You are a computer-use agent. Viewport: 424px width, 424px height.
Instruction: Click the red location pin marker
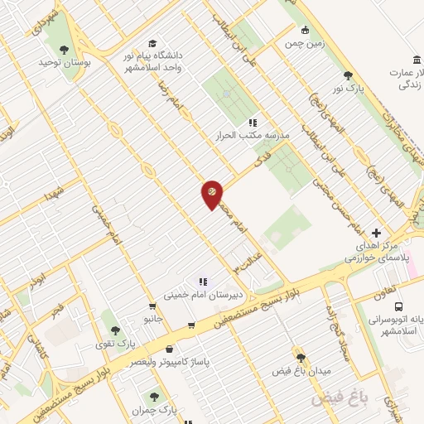coord(212,194)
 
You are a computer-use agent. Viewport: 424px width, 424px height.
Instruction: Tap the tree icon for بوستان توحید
coord(64,50)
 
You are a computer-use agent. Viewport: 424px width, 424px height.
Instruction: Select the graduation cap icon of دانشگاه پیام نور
coord(152,43)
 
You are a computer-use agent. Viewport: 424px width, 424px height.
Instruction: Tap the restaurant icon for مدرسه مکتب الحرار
coord(253,123)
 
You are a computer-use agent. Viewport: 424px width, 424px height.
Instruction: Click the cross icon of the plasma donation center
coord(377,233)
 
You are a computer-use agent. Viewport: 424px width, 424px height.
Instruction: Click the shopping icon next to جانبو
coord(152,306)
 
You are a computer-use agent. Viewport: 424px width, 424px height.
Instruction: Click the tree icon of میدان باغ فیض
coord(300,358)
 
